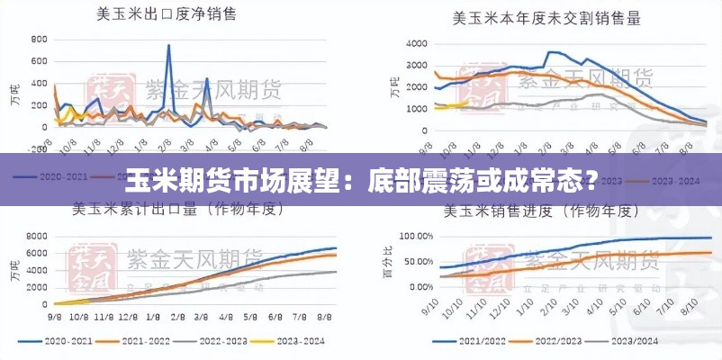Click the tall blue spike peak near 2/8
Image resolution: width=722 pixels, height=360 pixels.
[x=168, y=47]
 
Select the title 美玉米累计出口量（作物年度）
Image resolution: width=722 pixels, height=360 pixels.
[x=179, y=211]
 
